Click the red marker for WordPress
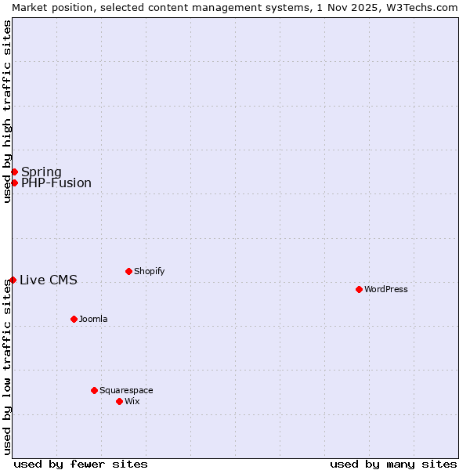coord(359,289)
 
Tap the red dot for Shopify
coord(128,271)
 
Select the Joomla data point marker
coord(74,319)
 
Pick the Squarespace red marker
coord(94,390)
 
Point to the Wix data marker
coord(119,401)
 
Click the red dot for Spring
coord(14,172)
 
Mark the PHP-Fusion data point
coord(14,183)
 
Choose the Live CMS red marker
coord(13,280)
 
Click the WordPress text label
coord(386,289)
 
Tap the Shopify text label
coord(149,271)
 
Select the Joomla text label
coord(93,319)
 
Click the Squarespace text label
coord(126,390)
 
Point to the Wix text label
coord(132,401)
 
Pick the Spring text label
coord(42,172)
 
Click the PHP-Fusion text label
coord(56,183)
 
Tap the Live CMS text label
coord(49,280)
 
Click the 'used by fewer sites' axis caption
coord(81,464)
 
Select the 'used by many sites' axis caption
coord(393,464)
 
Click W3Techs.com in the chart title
coord(425,7)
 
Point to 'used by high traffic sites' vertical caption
coord(8,111)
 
